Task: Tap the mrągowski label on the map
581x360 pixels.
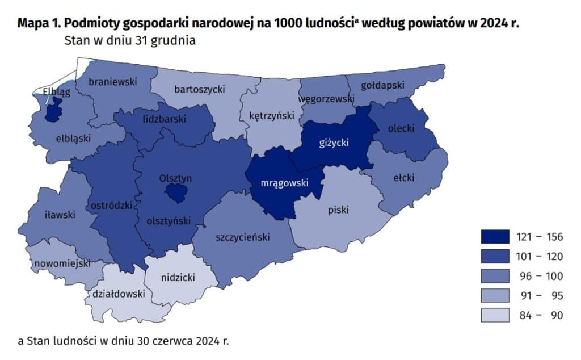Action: point(284,183)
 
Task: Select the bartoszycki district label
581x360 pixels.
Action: point(200,89)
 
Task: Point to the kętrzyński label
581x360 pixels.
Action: point(272,115)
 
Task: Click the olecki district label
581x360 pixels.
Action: point(400,128)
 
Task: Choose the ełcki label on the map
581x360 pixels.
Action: point(404,178)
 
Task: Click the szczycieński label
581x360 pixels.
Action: point(242,237)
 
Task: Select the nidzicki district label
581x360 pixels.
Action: point(178,278)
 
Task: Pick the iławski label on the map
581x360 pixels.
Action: point(60,215)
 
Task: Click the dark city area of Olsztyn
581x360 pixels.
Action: point(176,194)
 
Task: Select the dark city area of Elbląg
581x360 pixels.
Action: point(54,111)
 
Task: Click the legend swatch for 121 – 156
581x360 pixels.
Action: point(493,237)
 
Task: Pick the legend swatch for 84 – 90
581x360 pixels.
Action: point(493,315)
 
